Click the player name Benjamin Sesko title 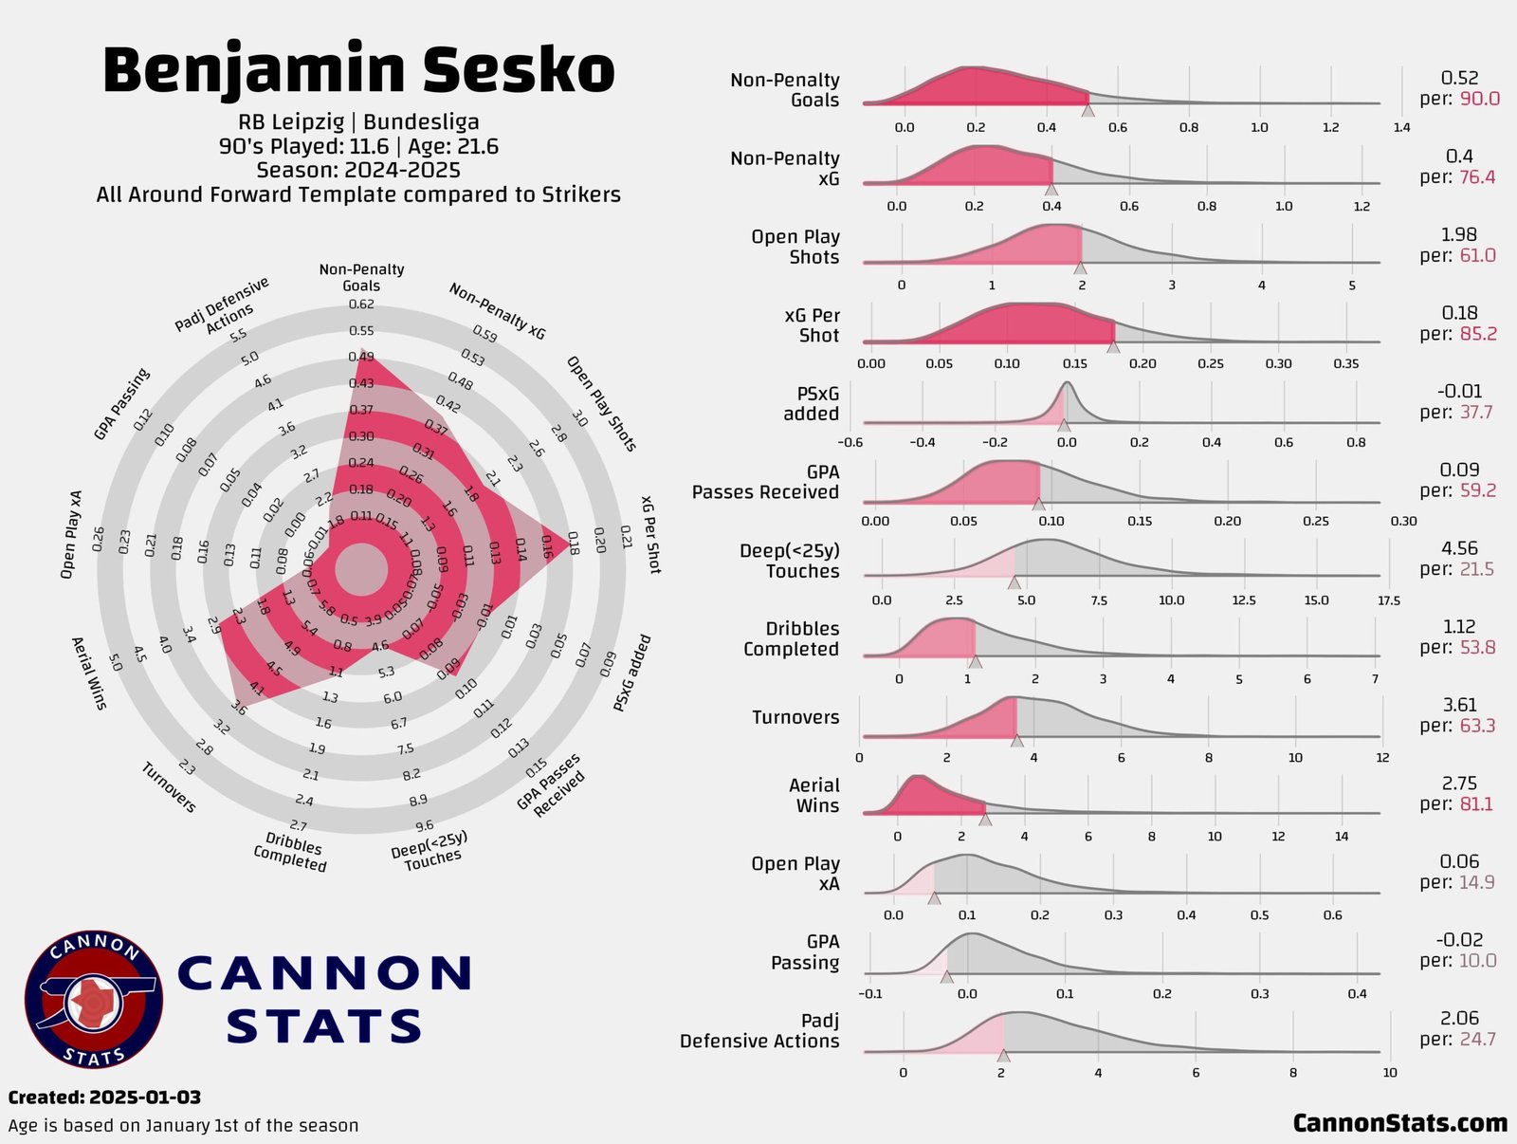tap(358, 69)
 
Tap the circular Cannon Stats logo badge tap(94, 1000)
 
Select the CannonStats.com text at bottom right tap(1399, 1123)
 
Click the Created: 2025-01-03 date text tap(104, 1098)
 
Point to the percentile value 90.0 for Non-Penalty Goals tap(1480, 100)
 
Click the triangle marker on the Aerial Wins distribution tap(985, 819)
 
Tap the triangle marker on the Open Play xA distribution tap(934, 897)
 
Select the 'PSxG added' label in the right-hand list tap(811, 403)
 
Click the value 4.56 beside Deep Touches tap(1459, 548)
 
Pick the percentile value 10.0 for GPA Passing tap(1478, 961)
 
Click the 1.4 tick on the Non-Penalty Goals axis tap(1401, 127)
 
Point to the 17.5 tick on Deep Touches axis tap(1388, 600)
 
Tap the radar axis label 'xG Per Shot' tap(649, 534)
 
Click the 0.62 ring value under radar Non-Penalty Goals tap(361, 304)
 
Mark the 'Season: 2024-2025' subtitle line tap(358, 171)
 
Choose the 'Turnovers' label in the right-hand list tap(795, 717)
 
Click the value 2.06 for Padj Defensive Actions tap(1459, 1018)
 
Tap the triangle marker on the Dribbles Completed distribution tap(975, 661)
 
